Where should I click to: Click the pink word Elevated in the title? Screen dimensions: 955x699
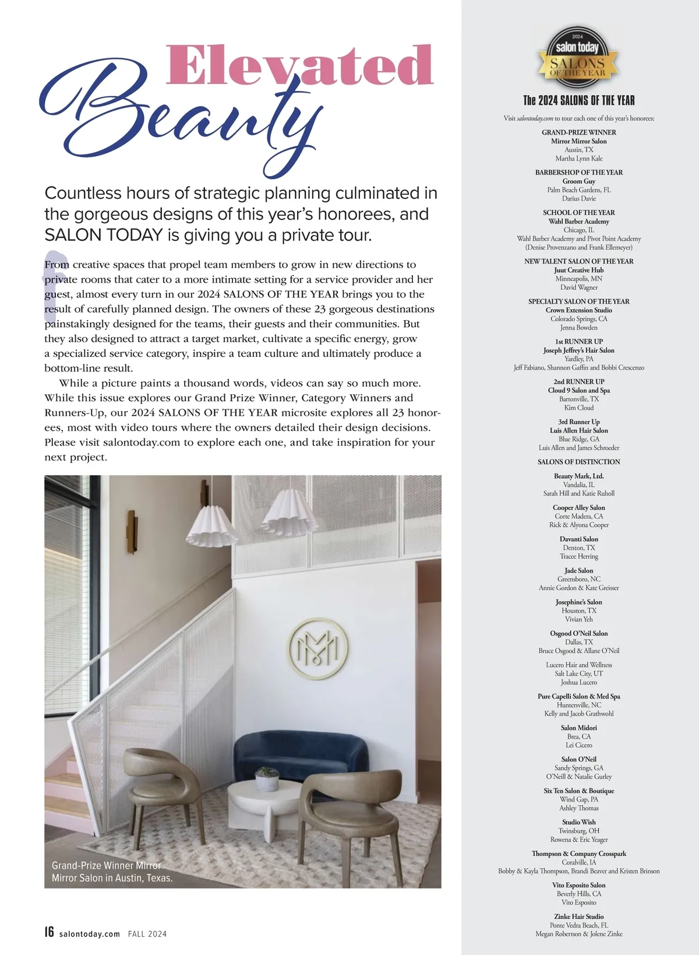299,65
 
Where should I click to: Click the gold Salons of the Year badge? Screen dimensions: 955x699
577,56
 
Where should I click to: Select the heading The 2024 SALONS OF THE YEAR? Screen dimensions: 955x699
578,100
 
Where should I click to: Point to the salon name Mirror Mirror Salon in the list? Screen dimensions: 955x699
578,141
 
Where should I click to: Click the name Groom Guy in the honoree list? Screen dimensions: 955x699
578,181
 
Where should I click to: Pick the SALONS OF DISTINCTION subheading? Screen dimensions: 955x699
578,462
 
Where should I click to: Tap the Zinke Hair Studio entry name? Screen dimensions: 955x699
578,917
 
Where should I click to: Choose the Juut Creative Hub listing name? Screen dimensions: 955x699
578,270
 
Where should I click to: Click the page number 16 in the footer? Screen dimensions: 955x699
50,932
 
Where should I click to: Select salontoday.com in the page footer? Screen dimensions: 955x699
90,934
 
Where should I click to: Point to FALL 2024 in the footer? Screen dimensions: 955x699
147,934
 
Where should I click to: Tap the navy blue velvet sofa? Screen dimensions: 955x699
301,756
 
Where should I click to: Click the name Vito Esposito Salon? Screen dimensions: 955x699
578,885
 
